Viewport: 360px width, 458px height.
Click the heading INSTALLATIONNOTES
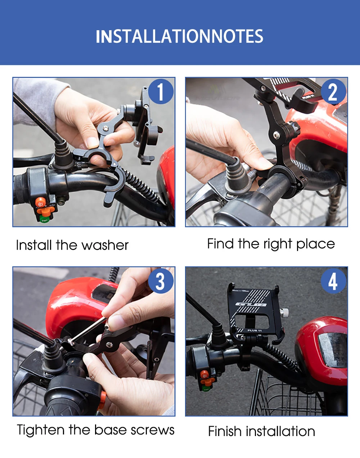click(180, 36)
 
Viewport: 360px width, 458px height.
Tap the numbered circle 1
click(161, 91)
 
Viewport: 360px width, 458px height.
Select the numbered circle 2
click(333, 91)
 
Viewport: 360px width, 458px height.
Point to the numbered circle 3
click(161, 281)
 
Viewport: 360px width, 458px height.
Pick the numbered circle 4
click(333, 281)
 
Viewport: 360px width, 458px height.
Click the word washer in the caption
click(105, 245)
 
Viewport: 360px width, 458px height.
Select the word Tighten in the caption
click(40, 430)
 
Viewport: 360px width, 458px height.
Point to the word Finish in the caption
click(225, 431)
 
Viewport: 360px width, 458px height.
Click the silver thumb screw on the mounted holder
click(284, 312)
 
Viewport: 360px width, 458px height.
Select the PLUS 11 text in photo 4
click(255, 330)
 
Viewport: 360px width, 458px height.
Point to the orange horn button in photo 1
click(40, 202)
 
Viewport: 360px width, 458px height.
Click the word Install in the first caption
click(34, 245)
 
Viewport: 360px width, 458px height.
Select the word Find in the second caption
click(220, 244)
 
